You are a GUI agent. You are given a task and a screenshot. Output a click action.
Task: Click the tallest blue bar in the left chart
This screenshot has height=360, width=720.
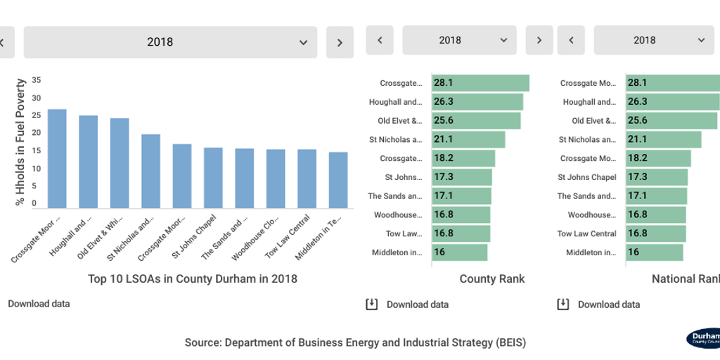(57, 158)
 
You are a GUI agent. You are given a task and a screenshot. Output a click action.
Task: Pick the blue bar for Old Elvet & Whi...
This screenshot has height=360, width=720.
(120, 162)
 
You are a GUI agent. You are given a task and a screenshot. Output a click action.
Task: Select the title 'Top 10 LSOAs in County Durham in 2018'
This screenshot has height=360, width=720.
(193, 278)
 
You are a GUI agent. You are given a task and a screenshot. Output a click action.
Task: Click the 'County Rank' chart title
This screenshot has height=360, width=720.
(491, 278)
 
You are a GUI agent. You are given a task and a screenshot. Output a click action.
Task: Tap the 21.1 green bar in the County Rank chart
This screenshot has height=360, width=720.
(468, 139)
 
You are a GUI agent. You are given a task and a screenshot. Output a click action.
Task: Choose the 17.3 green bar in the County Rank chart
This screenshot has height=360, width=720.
(462, 177)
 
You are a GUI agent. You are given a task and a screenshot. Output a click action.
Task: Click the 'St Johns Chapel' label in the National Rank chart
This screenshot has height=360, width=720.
(587, 177)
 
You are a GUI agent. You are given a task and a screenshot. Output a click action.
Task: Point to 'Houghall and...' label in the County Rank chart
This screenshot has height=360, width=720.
(396, 102)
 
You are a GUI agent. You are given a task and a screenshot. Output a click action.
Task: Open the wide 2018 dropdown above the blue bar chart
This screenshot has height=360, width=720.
(170, 42)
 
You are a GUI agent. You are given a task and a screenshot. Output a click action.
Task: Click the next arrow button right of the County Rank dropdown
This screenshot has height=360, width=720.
(539, 40)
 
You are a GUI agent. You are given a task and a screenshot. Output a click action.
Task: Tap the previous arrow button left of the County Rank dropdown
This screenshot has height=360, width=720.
(380, 40)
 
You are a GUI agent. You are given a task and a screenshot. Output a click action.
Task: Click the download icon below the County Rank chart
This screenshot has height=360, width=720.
(372, 304)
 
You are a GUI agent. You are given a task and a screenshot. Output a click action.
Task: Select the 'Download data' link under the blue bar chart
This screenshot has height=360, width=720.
(39, 304)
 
